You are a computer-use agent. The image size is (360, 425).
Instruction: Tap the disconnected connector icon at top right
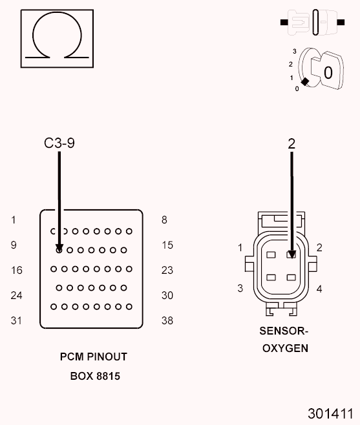(x=312, y=23)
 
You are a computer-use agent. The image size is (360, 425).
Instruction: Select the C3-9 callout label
(x=59, y=143)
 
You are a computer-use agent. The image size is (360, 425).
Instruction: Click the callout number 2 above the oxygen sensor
(x=291, y=143)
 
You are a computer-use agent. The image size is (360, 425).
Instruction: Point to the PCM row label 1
(x=14, y=220)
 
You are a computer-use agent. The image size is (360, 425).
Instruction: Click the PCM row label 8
(x=164, y=220)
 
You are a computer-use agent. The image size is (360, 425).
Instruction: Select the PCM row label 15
(x=167, y=245)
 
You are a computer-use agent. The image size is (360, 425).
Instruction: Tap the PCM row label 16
(x=16, y=271)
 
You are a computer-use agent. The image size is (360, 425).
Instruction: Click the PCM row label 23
(x=167, y=271)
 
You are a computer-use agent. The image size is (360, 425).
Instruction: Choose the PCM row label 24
(x=16, y=296)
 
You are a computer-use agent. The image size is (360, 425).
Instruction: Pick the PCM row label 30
(x=167, y=296)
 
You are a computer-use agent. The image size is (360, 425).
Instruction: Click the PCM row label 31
(x=16, y=320)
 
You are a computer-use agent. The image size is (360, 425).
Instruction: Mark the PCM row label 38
(x=167, y=320)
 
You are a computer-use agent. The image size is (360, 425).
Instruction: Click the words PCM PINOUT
(x=94, y=357)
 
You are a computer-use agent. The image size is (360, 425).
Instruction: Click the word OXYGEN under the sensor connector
(x=284, y=349)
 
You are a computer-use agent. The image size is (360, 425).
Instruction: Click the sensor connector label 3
(x=240, y=288)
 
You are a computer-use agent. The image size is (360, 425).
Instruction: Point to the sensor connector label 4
(x=319, y=288)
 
